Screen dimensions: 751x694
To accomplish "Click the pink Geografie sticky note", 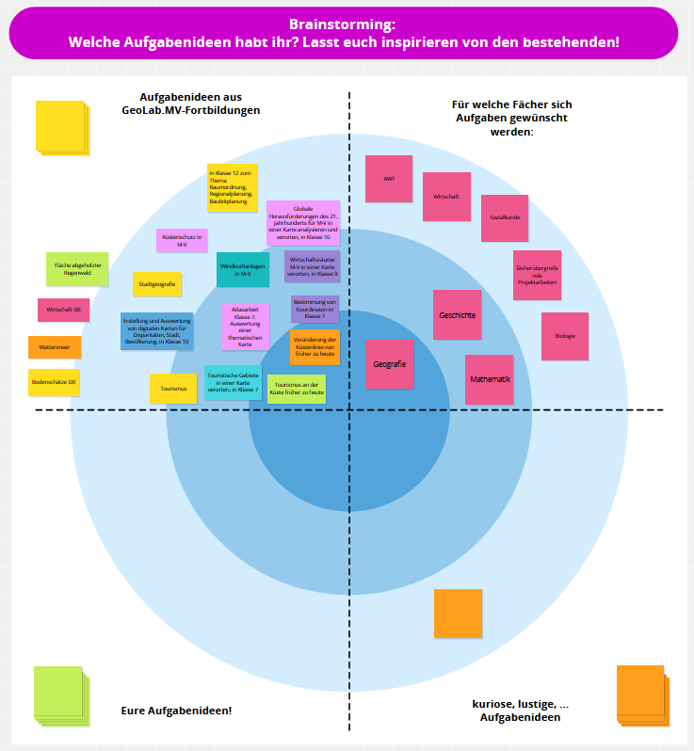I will [x=389, y=364].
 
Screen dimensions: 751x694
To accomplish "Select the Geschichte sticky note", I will [x=457, y=314].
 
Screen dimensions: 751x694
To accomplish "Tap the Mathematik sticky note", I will [x=490, y=379].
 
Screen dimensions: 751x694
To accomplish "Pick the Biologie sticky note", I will [x=565, y=336].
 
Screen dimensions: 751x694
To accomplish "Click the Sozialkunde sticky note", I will [x=505, y=217].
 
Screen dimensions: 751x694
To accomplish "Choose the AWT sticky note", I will [x=389, y=178].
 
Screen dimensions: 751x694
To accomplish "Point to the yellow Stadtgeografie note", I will [x=156, y=283].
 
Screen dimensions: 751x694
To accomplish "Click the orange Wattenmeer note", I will [x=55, y=347].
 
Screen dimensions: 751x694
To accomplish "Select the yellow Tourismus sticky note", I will [x=173, y=388].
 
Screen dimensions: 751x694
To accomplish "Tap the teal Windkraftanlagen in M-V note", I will [x=243, y=270].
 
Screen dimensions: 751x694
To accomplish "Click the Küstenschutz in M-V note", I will [x=182, y=241].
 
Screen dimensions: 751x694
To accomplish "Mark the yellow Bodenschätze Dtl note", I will [x=54, y=382].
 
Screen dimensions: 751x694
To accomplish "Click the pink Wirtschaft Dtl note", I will [x=63, y=310].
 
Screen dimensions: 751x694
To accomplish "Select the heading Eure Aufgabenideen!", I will [x=177, y=710].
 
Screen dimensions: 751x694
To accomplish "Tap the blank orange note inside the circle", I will [x=458, y=613].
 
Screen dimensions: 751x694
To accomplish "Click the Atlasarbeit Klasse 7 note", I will [x=245, y=326].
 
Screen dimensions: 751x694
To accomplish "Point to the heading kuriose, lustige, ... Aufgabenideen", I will [x=520, y=711].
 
